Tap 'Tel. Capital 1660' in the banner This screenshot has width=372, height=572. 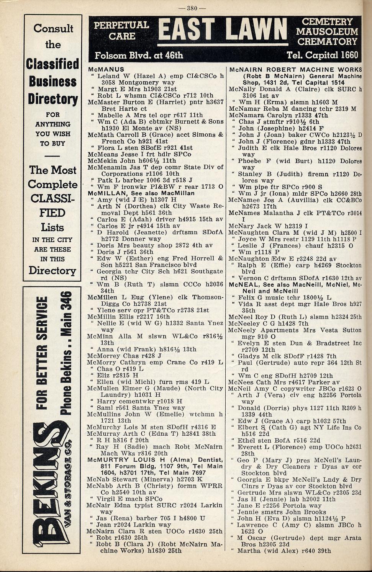click(322, 55)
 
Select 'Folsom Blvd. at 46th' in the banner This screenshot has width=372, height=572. click(139, 55)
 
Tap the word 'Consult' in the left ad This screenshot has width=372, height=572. click(53, 28)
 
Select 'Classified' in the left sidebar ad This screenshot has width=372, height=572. click(52, 64)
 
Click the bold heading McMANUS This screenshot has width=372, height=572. click(106, 69)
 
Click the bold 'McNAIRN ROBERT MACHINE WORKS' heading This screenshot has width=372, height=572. click(295, 69)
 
